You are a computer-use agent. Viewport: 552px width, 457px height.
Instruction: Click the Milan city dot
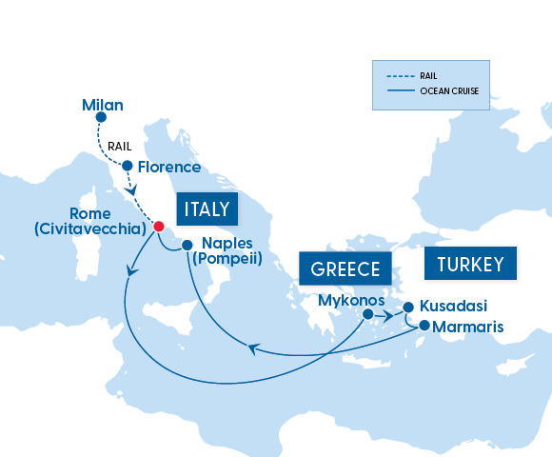click(102, 119)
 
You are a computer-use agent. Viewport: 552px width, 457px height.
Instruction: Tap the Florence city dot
click(126, 167)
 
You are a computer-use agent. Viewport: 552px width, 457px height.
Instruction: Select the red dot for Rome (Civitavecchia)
click(159, 226)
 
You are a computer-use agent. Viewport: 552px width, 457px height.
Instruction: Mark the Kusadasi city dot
click(408, 307)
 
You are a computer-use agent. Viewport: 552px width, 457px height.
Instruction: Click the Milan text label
click(103, 104)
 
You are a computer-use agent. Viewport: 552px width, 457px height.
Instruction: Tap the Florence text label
click(169, 167)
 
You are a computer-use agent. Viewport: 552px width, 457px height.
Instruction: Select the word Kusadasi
click(453, 307)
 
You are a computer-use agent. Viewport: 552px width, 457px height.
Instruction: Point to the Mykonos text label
click(351, 298)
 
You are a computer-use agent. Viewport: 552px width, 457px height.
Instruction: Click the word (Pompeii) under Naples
click(226, 258)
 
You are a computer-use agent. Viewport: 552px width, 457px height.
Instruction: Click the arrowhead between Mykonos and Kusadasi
click(389, 312)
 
